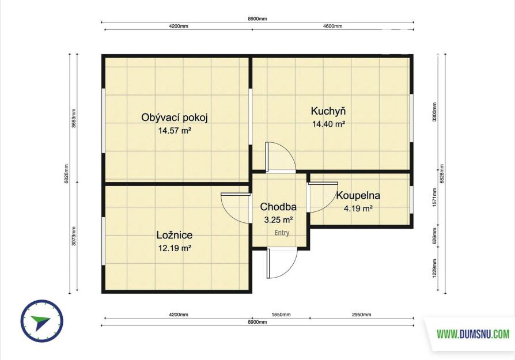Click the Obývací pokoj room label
click(x=175, y=118)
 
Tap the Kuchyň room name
click(x=328, y=111)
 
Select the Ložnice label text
click(x=175, y=235)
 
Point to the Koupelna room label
click(x=358, y=195)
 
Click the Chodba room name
click(x=278, y=207)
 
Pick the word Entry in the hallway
click(x=282, y=233)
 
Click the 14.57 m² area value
click(x=175, y=131)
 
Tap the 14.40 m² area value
click(x=328, y=124)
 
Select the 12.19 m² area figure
click(x=175, y=248)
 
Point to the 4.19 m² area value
click(x=358, y=209)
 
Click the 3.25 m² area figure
click(x=278, y=220)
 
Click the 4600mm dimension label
click(x=333, y=26)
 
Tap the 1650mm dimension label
click(x=281, y=314)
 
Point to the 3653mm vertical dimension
click(x=74, y=118)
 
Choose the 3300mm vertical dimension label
click(x=434, y=112)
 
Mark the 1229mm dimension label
click(x=434, y=268)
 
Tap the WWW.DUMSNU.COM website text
click(x=473, y=335)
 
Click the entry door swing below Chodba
click(x=282, y=263)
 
